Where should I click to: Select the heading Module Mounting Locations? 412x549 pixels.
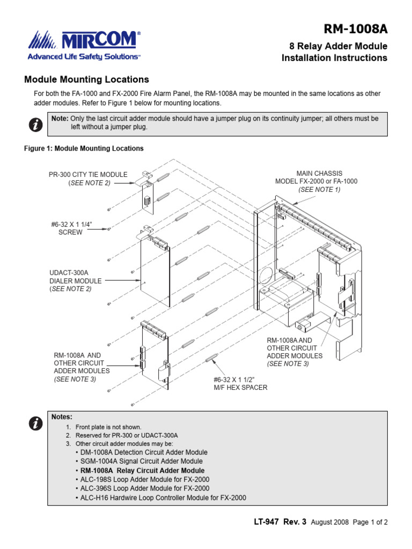pyautogui.click(x=87, y=79)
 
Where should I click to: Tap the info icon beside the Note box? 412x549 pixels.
pyautogui.click(x=35, y=125)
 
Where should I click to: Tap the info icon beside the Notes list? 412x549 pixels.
pyautogui.click(x=35, y=424)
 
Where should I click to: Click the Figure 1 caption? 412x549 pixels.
pyautogui.click(x=84, y=149)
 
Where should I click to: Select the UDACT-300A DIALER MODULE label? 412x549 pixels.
pyautogui.click(x=75, y=280)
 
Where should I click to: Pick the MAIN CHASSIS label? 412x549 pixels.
pyautogui.click(x=319, y=181)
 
